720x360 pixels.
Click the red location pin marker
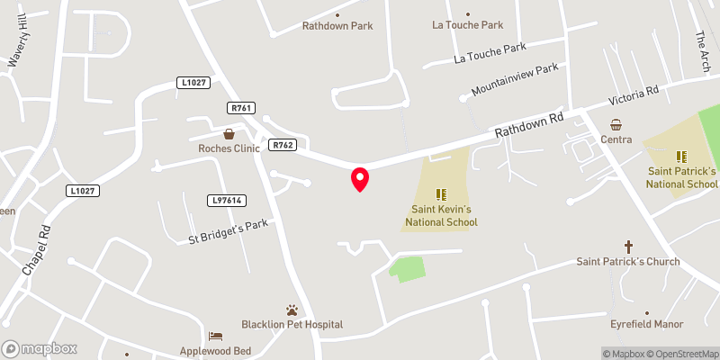point(360,179)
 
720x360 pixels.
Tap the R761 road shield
point(239,108)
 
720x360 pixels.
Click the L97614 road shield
point(226,200)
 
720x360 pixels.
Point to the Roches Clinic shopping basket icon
point(229,133)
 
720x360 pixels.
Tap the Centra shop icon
point(617,125)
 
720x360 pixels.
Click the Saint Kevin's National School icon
point(441,193)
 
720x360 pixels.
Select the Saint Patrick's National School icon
point(681,156)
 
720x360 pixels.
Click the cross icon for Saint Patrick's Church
point(629,246)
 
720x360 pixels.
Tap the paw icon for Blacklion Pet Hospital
point(292,309)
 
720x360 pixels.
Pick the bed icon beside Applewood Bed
point(214,336)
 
